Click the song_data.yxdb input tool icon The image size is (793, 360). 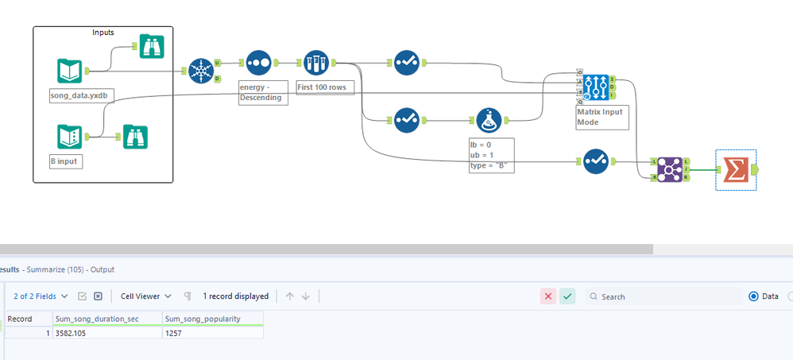click(x=69, y=71)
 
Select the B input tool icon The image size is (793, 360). click(x=69, y=137)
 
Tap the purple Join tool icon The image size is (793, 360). click(x=668, y=168)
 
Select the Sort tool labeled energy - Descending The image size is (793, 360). click(x=258, y=63)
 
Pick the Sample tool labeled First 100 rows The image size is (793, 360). click(x=315, y=63)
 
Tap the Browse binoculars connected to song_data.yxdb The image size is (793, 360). click(x=150, y=47)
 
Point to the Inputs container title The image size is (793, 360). click(x=103, y=33)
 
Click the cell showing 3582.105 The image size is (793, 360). click(x=106, y=333)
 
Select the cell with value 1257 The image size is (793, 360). click(x=212, y=333)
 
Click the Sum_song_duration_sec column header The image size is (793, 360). click(x=106, y=319)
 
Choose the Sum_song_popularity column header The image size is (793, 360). click(x=212, y=319)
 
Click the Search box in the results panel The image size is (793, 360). click(x=667, y=296)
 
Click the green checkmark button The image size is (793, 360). click(x=567, y=296)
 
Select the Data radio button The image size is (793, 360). click(x=754, y=296)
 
